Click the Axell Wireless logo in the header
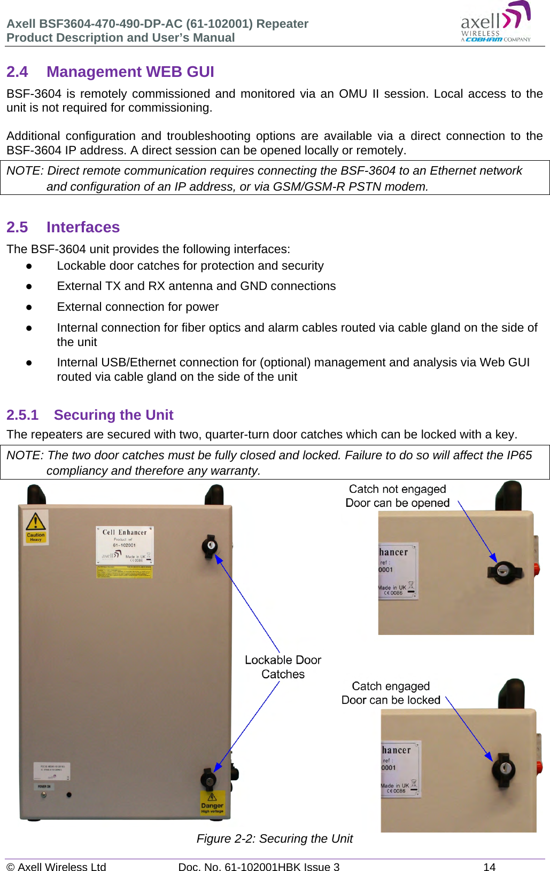click(x=495, y=22)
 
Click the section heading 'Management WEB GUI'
click(x=130, y=72)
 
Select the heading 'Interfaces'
click(x=83, y=227)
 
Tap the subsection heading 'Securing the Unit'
click(x=113, y=415)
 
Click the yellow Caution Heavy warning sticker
click(x=36, y=526)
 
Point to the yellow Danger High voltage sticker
click(x=212, y=803)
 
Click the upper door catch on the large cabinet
click(x=210, y=546)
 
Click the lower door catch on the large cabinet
click(x=208, y=778)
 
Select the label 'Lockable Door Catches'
click(x=283, y=667)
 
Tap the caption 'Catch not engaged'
click(x=397, y=489)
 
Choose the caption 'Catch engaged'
click(x=391, y=686)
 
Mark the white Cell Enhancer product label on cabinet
click(x=125, y=545)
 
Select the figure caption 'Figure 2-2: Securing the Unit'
click(x=274, y=838)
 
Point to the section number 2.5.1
click(x=22, y=415)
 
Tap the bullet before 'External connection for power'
click(x=29, y=307)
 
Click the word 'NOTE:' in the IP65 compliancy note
click(x=25, y=456)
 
